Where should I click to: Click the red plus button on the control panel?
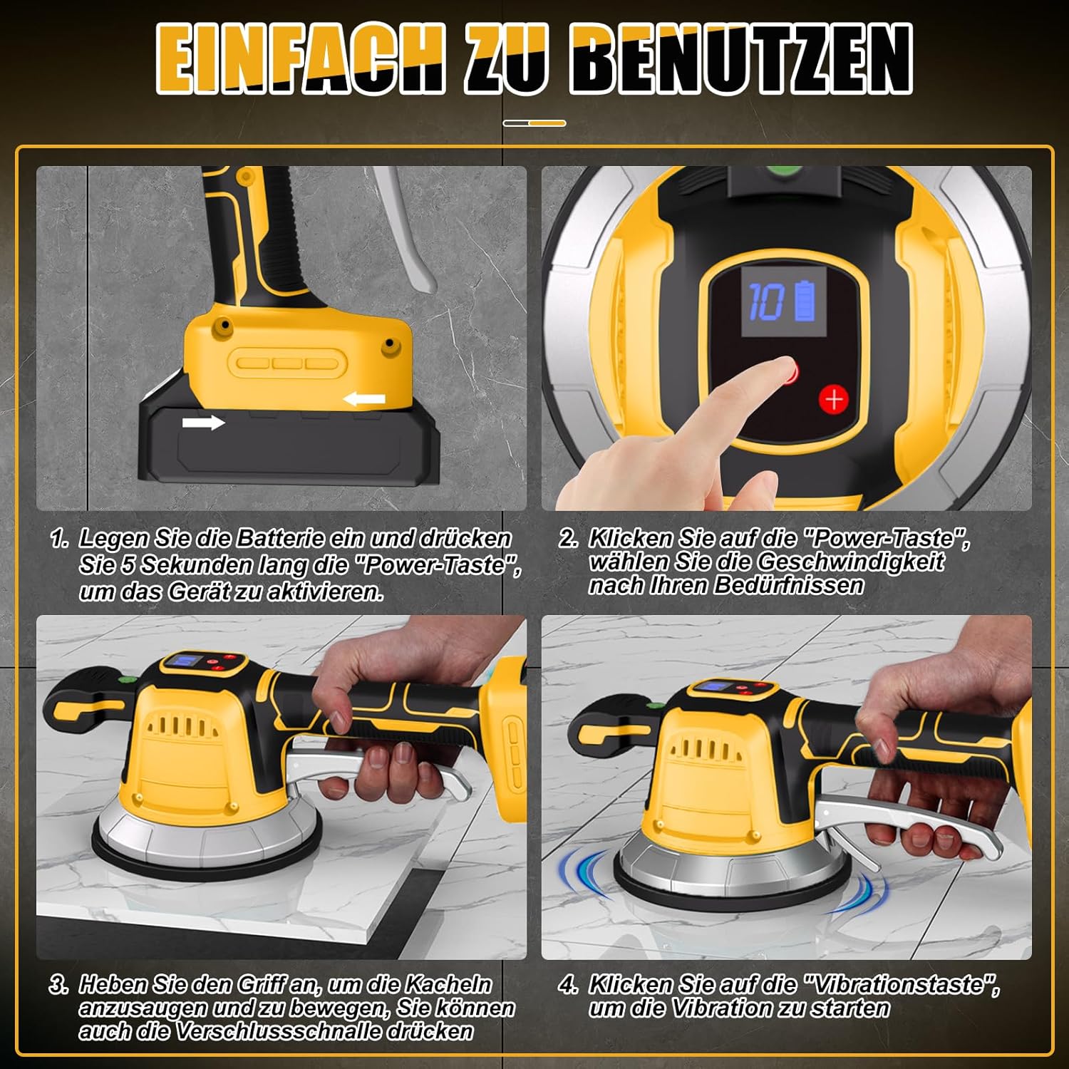click(x=833, y=399)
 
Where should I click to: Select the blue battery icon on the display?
click(x=803, y=301)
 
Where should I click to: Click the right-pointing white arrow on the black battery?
click(x=203, y=423)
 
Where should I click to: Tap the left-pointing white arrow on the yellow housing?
click(x=365, y=399)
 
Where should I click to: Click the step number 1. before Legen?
click(x=60, y=539)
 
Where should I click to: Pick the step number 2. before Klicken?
click(x=568, y=539)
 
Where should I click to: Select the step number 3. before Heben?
click(x=58, y=985)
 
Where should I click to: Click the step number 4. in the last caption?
click(x=568, y=985)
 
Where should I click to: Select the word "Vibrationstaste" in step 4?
click(x=902, y=985)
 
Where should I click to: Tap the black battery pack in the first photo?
click(x=289, y=442)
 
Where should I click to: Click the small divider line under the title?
click(x=534, y=123)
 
